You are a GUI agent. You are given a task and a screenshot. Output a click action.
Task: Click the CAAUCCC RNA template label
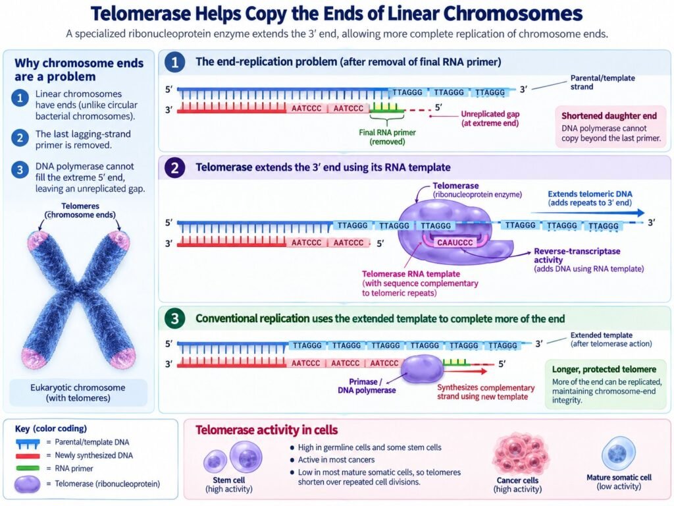455,242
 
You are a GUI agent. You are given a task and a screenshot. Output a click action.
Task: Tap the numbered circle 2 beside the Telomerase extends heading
174,167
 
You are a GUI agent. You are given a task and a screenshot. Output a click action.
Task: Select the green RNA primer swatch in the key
28,468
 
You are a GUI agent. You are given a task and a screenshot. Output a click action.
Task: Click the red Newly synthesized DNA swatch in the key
28,456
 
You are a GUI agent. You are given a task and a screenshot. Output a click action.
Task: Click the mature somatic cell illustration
619,453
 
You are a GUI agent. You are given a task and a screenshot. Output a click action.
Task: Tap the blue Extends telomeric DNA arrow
588,213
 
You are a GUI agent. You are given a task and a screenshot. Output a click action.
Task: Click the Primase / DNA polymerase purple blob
422,368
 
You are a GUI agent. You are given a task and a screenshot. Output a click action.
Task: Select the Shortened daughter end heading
609,116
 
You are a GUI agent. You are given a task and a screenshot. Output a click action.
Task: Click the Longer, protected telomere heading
604,369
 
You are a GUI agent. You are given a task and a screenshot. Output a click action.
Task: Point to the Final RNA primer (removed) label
387,137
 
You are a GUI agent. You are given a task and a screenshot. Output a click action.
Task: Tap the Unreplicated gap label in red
490,119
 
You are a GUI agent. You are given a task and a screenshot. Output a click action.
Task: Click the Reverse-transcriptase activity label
577,255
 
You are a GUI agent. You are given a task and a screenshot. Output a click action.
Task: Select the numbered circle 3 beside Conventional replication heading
174,318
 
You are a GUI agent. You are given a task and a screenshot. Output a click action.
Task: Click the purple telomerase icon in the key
28,484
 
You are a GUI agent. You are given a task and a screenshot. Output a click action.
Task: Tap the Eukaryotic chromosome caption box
78,393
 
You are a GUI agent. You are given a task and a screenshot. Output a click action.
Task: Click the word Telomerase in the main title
141,14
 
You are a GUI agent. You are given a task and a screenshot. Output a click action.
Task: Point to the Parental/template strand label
602,82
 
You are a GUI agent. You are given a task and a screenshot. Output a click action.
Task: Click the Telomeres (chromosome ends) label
80,210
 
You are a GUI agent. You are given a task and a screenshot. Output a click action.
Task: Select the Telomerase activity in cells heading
267,430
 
